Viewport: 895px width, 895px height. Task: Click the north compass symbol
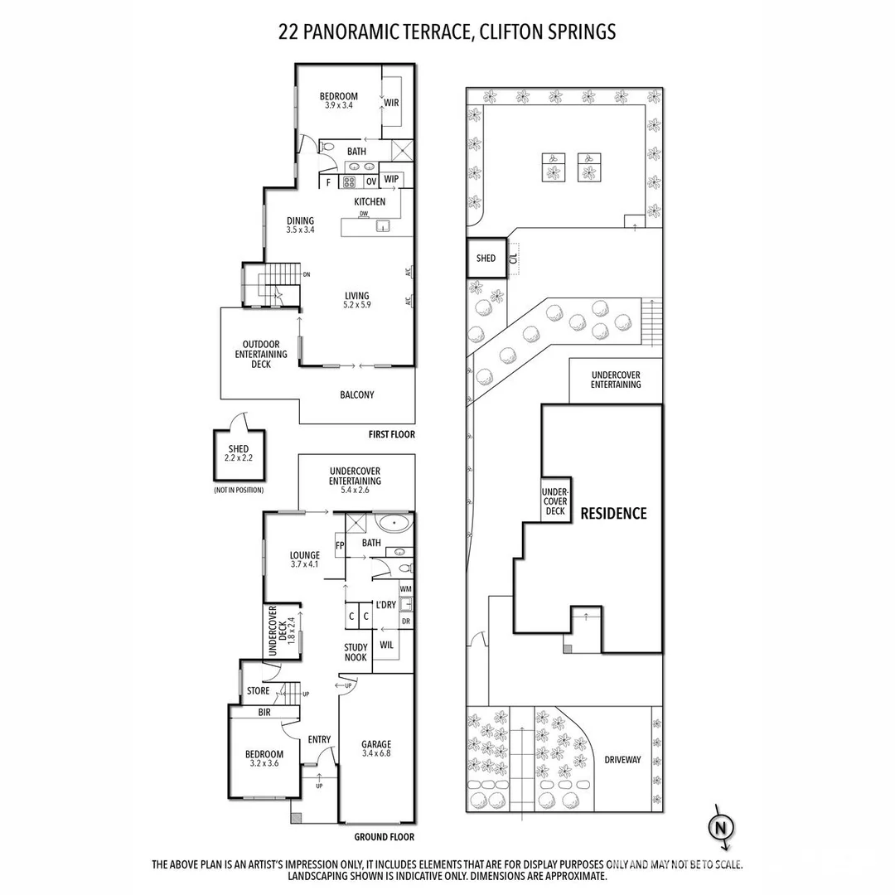(721, 827)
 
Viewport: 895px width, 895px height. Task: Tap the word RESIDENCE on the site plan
(613, 513)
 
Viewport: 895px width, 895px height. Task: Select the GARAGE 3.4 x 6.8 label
(375, 749)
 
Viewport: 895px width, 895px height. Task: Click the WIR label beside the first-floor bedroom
(391, 103)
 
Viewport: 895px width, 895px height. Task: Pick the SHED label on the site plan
(486, 259)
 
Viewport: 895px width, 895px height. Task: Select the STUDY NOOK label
(356, 653)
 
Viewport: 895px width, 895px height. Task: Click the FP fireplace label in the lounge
(340, 545)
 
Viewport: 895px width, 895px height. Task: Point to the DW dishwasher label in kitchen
(363, 213)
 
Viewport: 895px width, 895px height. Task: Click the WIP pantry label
(392, 179)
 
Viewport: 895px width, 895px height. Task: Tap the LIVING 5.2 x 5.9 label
(357, 301)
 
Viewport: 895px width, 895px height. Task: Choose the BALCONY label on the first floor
(357, 395)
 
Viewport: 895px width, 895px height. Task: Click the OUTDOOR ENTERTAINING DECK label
(260, 354)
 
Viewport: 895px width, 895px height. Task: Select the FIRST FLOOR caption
(392, 434)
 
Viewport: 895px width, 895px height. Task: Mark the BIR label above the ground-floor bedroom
(264, 712)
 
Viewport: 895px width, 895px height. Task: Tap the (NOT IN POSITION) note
(238, 491)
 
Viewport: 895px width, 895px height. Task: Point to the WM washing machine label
(405, 589)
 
